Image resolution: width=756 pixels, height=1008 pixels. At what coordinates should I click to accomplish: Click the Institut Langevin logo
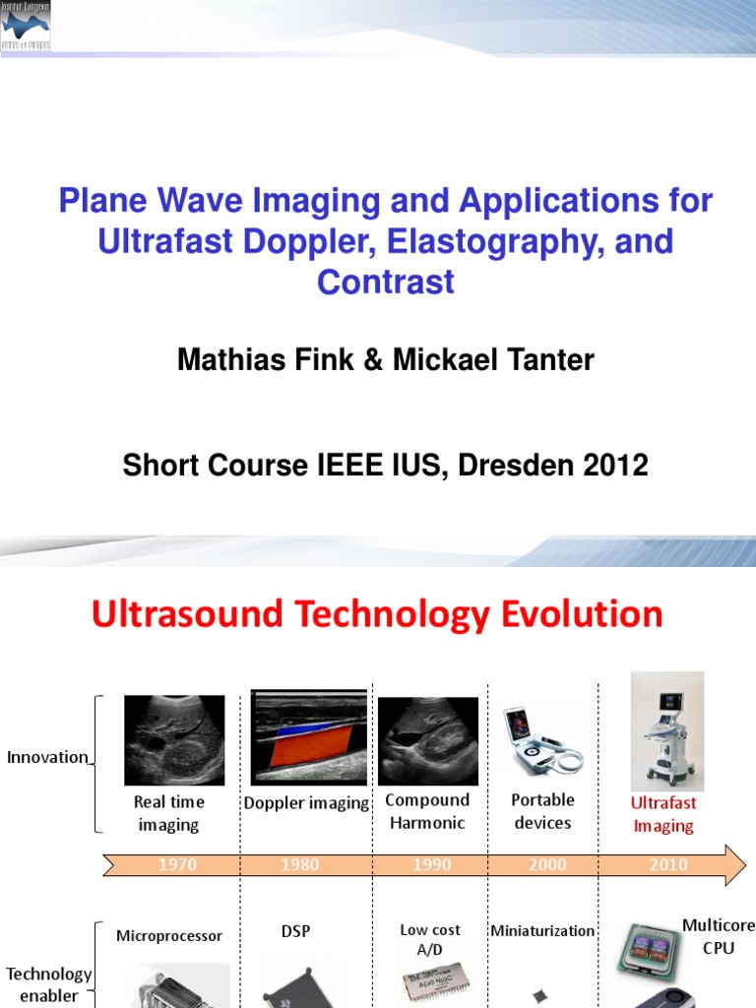tap(27, 26)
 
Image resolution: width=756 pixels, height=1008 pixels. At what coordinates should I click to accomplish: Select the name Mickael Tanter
tap(493, 360)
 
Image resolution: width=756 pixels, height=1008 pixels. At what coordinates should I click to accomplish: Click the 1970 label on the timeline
tap(177, 865)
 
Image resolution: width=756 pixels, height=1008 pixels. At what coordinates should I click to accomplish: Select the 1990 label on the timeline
tap(431, 865)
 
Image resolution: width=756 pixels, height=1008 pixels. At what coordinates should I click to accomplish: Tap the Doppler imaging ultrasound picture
tap(309, 736)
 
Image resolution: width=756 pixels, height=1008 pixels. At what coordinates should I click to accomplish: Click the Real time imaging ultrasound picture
tap(174, 740)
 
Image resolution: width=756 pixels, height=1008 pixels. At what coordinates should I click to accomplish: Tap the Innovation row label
tap(47, 758)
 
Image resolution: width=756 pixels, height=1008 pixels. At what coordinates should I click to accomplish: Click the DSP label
tap(295, 931)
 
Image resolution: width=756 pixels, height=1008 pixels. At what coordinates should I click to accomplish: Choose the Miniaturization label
tap(542, 931)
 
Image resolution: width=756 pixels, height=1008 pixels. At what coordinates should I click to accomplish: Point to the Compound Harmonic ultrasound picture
tap(427, 741)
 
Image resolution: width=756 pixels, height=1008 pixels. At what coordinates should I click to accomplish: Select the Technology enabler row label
tap(48, 984)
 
